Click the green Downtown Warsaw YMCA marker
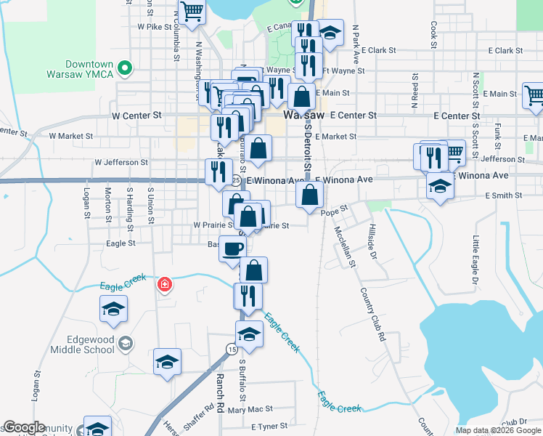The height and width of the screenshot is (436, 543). (125, 69)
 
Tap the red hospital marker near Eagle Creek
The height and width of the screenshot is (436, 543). (166, 285)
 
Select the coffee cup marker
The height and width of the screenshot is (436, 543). (232, 248)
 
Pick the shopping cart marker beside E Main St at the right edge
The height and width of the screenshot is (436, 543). (534, 95)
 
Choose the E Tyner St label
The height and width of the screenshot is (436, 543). (269, 426)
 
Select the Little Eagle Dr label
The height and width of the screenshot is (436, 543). (475, 260)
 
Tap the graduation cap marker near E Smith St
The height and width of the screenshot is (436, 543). (439, 186)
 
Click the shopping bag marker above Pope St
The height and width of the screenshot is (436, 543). (310, 194)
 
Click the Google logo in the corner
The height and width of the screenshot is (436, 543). (24, 427)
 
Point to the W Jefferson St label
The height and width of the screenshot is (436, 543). (121, 163)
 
